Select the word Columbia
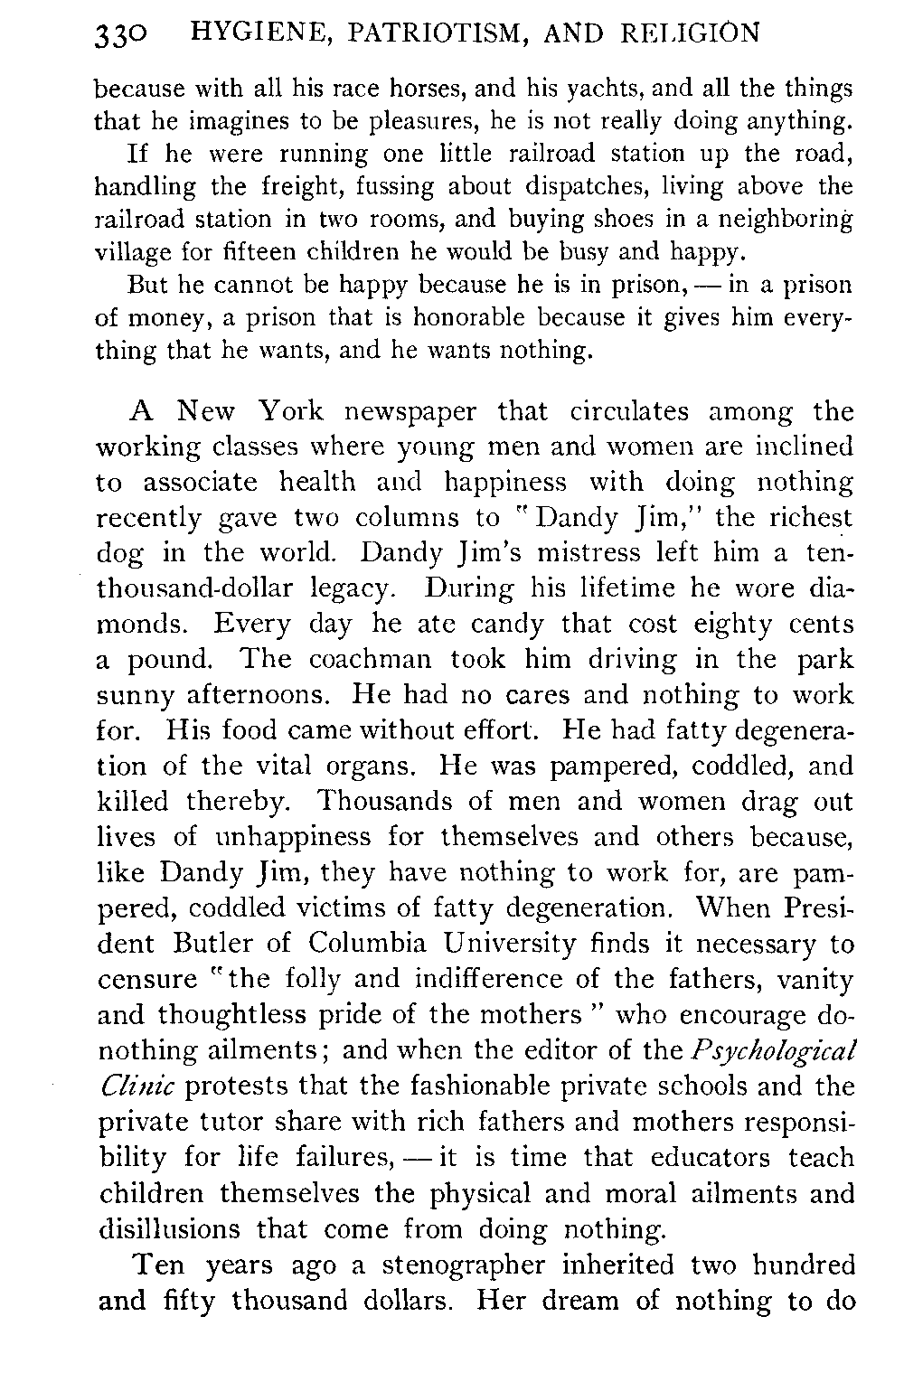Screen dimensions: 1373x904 pos(367,945)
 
